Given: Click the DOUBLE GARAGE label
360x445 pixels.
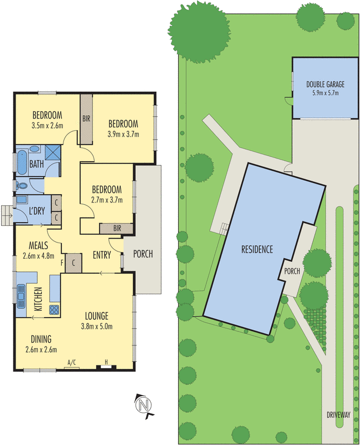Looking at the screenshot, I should [x=325, y=85].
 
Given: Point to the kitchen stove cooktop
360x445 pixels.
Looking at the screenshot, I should [x=54, y=310].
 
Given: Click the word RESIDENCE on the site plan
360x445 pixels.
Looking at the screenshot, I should [x=257, y=249].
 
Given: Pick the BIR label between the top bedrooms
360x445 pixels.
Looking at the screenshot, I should [x=86, y=118].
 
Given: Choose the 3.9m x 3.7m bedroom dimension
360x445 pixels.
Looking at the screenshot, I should [x=123, y=133].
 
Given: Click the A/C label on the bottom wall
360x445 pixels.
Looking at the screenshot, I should [x=71, y=362].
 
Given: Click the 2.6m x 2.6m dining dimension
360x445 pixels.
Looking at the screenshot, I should [x=41, y=350].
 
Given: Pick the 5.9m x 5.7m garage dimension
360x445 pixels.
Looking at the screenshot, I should [x=325, y=93].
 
